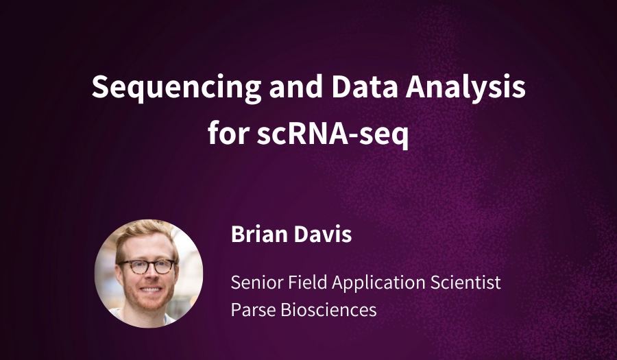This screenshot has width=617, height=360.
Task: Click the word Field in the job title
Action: coord(302,282)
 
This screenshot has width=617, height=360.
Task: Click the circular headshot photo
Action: coord(148,273)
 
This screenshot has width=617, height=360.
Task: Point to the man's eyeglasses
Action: coord(146,266)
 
